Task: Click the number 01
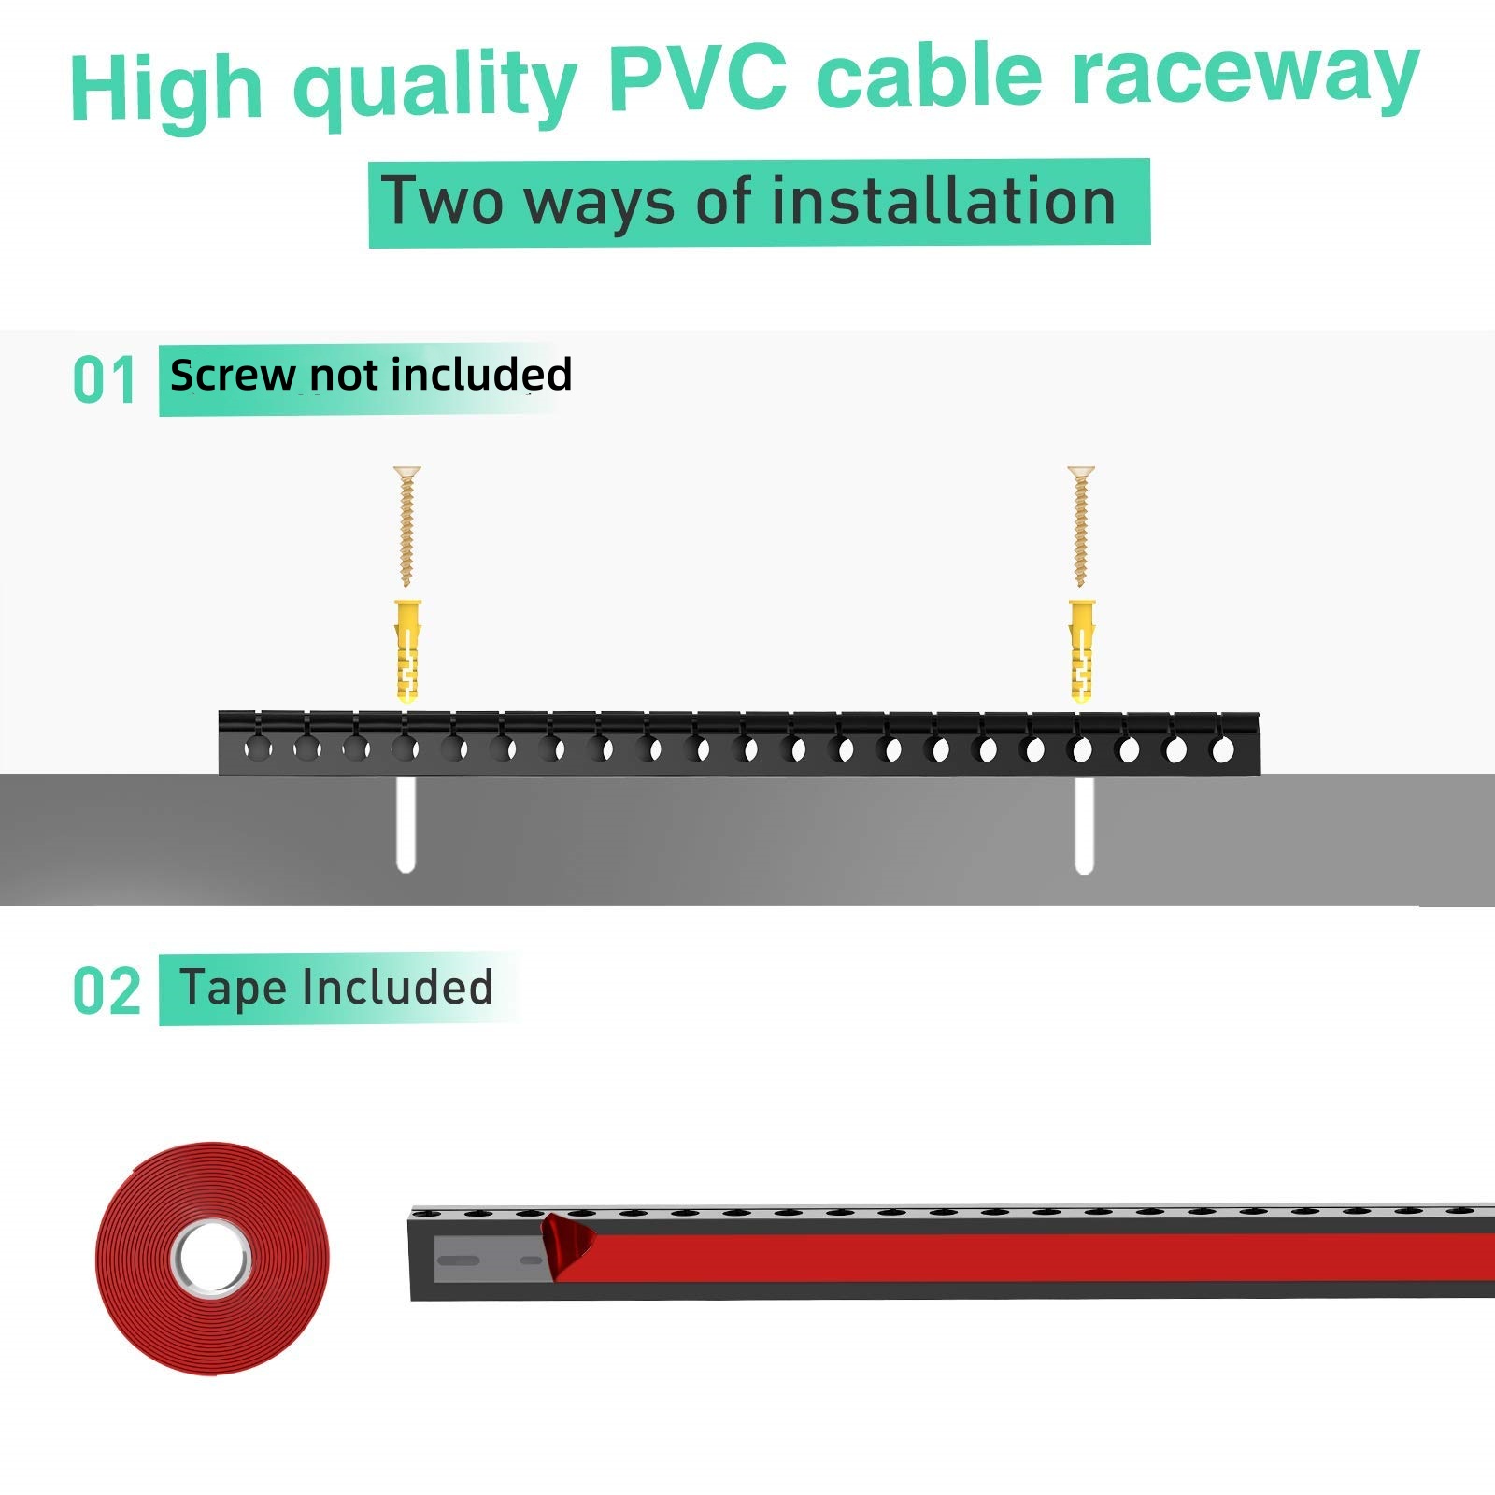point(104,381)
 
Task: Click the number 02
point(107,991)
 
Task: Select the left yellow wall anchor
point(407,650)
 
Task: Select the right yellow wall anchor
point(1082,650)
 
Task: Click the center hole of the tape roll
point(211,1258)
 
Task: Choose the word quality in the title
point(434,86)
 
